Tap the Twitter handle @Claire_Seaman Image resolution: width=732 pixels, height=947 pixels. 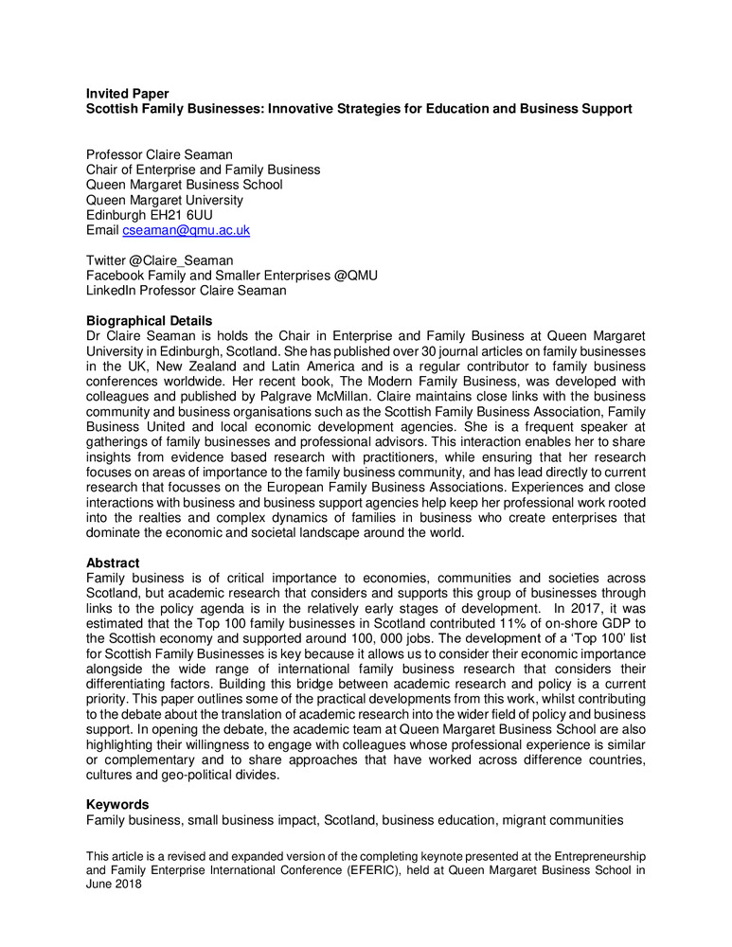(186, 259)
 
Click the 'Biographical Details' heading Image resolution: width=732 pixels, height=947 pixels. (149, 320)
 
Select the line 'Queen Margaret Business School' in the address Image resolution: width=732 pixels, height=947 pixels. (184, 185)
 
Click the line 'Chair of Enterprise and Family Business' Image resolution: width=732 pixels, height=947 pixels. (203, 170)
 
